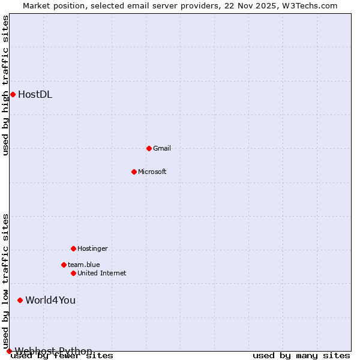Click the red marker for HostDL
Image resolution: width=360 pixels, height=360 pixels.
tap(13, 94)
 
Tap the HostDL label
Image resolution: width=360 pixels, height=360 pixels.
tap(35, 94)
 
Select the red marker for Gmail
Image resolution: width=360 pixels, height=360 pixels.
tap(149, 148)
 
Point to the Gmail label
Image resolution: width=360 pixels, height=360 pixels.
tap(162, 148)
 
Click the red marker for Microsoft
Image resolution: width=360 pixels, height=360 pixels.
tap(134, 172)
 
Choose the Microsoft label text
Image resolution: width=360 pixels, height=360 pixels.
tap(152, 172)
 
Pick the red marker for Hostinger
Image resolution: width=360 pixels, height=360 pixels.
tap(73, 248)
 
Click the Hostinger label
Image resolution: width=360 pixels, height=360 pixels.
tap(92, 248)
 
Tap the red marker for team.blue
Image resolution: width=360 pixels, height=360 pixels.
tap(64, 265)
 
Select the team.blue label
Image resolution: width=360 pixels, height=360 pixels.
tap(83, 265)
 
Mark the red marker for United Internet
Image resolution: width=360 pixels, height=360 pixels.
tap(73, 273)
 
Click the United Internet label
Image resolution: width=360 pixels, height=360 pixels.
tap(101, 273)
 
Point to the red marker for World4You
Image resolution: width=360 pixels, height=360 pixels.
tap(20, 300)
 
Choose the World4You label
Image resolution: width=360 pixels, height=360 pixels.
tap(50, 300)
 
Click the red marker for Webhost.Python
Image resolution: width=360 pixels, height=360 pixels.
tap(9, 351)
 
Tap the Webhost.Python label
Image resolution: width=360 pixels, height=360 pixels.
tap(53, 351)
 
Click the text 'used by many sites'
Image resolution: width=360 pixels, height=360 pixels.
tap(301, 356)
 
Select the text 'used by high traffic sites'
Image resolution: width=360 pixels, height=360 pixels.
tap(6, 85)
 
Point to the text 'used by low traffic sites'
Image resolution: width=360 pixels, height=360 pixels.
tap(6, 281)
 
